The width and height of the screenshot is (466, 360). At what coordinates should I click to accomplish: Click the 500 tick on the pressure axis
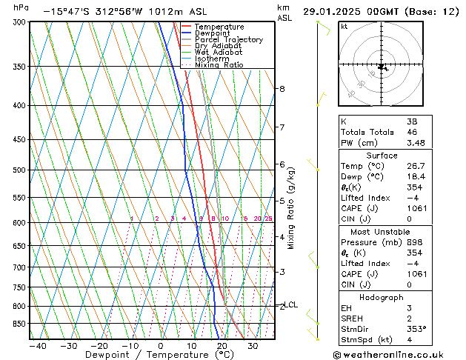pos(16,170)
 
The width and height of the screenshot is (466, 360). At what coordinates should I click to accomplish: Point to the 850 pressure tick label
pos(16,324)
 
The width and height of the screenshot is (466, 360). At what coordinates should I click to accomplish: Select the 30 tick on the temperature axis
pos(253,345)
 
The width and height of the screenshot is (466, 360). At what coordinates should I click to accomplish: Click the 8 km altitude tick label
pos(282,89)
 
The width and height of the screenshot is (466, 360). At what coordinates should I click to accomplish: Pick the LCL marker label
pos(291,304)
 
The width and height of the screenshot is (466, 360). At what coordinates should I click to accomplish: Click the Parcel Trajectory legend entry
pos(229,40)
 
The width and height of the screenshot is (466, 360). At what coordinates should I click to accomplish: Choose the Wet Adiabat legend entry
pos(218,53)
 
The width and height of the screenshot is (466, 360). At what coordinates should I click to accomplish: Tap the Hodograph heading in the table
pos(382,297)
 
